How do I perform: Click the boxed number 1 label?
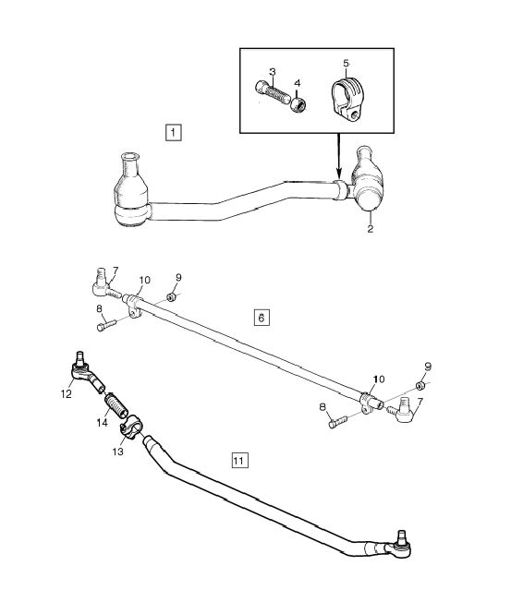(x=173, y=132)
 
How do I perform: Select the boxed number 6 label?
(x=261, y=318)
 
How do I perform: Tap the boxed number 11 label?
(x=239, y=460)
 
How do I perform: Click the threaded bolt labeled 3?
(x=273, y=92)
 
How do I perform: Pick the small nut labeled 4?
(x=298, y=105)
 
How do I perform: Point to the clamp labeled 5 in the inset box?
(x=347, y=100)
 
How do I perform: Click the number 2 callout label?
(x=371, y=229)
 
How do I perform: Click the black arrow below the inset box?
(x=339, y=156)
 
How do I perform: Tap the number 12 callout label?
(x=66, y=394)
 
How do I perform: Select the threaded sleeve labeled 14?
(x=116, y=406)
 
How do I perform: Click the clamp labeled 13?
(x=131, y=427)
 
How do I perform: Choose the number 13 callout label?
(x=118, y=452)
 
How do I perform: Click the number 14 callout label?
(x=102, y=423)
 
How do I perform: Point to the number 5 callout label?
(x=346, y=63)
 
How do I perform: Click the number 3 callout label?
(x=273, y=72)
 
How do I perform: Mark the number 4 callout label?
(x=298, y=83)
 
